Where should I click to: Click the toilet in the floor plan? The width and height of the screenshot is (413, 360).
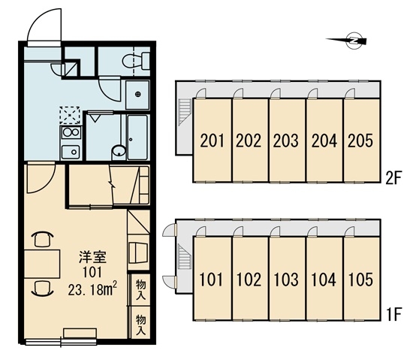[x=136, y=61]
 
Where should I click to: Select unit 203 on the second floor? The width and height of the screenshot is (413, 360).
[x=288, y=141]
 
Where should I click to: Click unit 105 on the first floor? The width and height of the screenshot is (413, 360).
[x=362, y=279]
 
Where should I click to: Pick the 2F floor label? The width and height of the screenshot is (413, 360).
[x=393, y=179]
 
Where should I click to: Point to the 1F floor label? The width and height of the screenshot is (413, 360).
[x=393, y=315]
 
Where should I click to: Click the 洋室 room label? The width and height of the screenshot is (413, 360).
[x=93, y=258]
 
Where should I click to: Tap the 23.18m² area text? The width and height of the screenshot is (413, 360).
[x=92, y=289]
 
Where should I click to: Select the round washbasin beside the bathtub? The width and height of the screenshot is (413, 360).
[x=119, y=152]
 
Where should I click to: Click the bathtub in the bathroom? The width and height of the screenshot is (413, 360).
[x=137, y=138]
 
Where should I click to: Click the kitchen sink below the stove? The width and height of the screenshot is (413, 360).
[x=71, y=152]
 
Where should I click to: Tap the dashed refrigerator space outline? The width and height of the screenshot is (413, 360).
[x=70, y=115]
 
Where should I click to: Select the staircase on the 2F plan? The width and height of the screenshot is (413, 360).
[x=185, y=111]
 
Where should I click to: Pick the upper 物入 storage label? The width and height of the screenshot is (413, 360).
[x=141, y=290]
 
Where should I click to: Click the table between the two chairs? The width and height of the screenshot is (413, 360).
[x=42, y=264]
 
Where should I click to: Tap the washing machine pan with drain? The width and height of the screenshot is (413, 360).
[x=137, y=95]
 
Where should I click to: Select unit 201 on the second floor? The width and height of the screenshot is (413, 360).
[x=213, y=141]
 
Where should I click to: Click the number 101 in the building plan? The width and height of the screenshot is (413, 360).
[x=211, y=280]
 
